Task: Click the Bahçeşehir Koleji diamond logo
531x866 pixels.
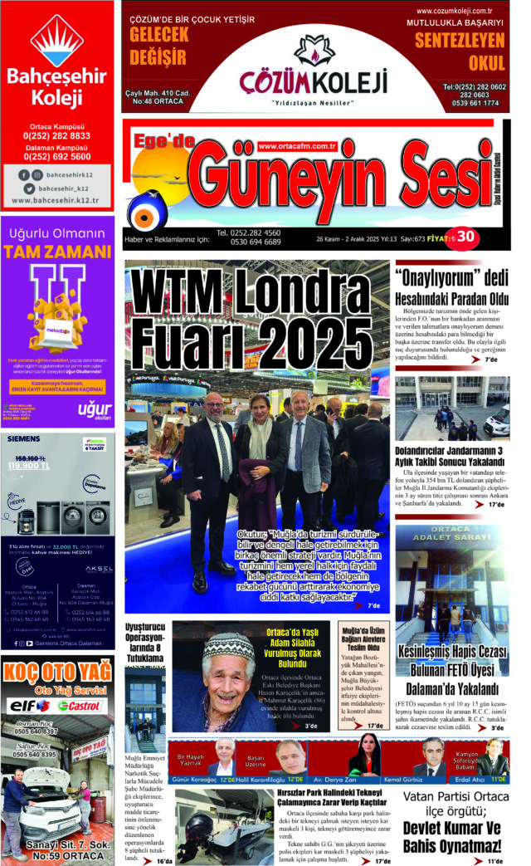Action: [56, 41]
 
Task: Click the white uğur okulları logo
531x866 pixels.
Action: [93, 410]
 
